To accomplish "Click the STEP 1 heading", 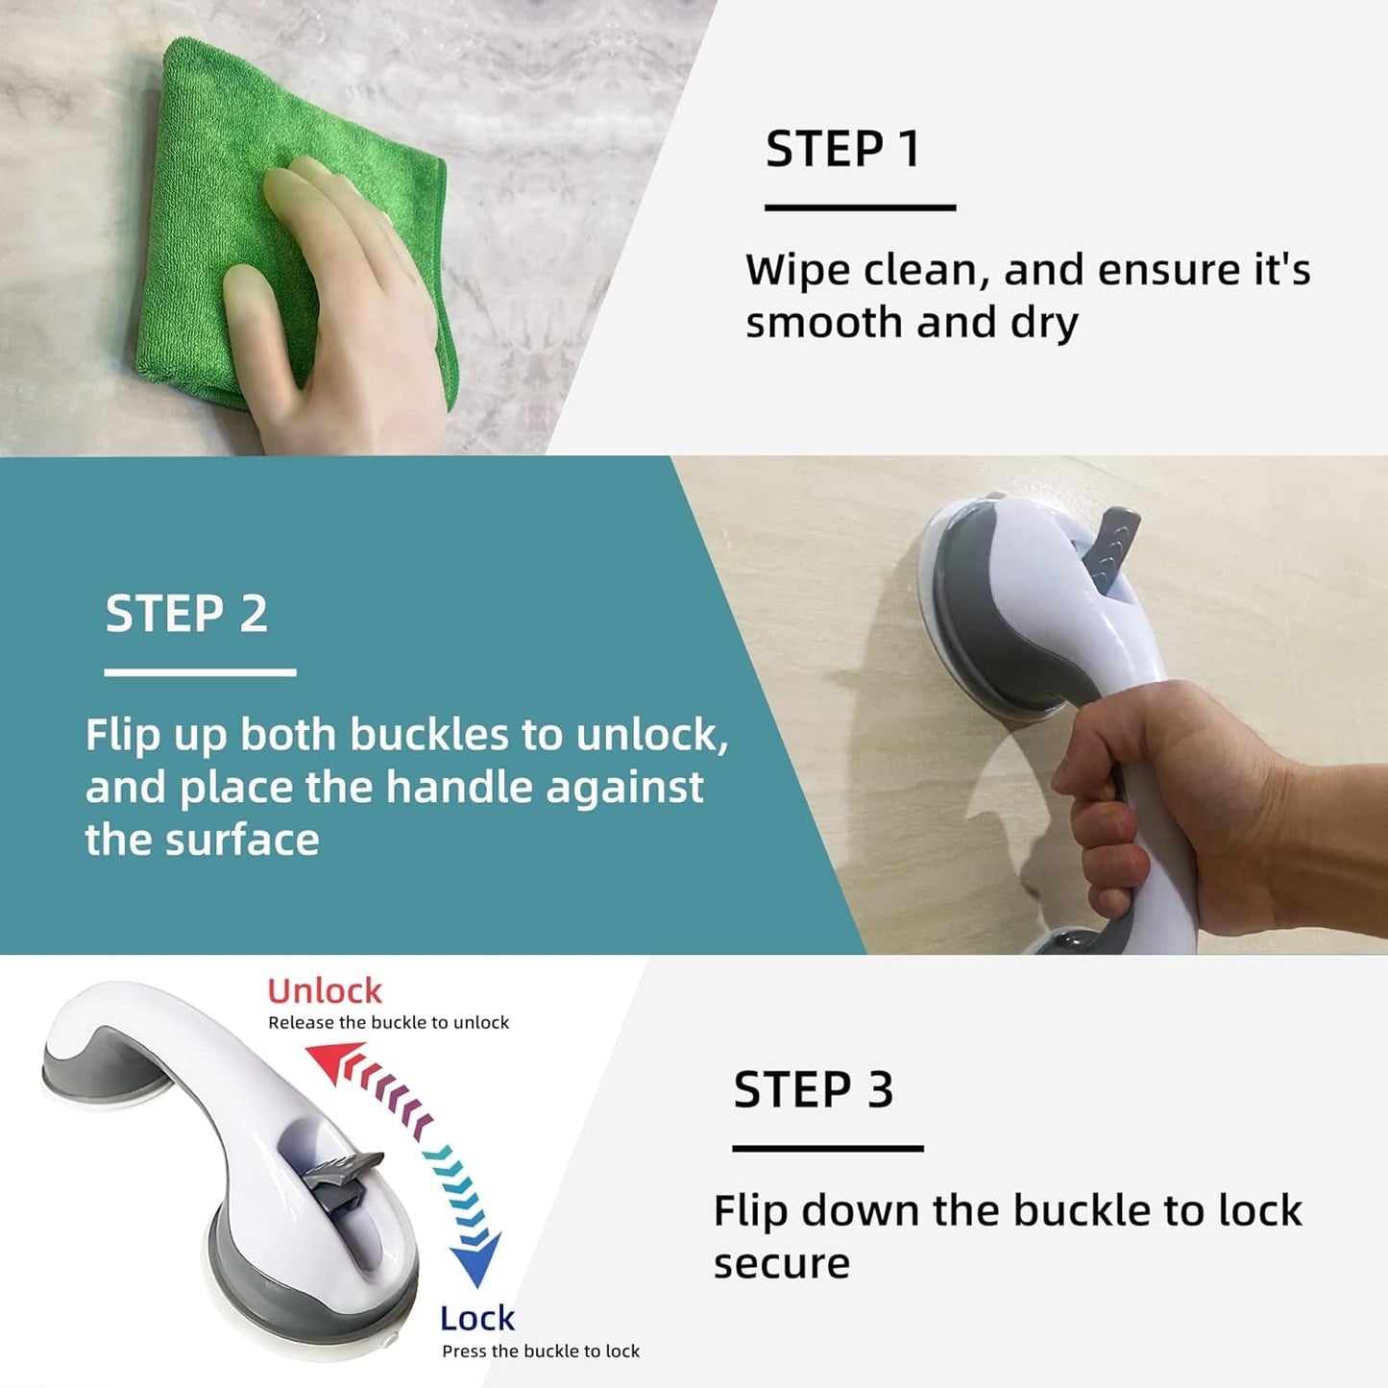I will pos(842,150).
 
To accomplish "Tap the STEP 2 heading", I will pos(186,614).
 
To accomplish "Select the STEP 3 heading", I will pos(813,1090).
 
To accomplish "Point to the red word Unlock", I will pos(325,991).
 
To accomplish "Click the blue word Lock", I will pos(477,1319).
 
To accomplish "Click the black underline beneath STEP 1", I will pos(860,207).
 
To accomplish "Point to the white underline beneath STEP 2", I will pos(200,672).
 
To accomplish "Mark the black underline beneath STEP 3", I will pos(827,1148).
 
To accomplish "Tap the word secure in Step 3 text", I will pos(781,1264).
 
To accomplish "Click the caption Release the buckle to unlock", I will pos(388,1023).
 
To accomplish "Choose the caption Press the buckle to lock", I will pos(540,1351).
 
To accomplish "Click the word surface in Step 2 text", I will pos(242,840).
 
